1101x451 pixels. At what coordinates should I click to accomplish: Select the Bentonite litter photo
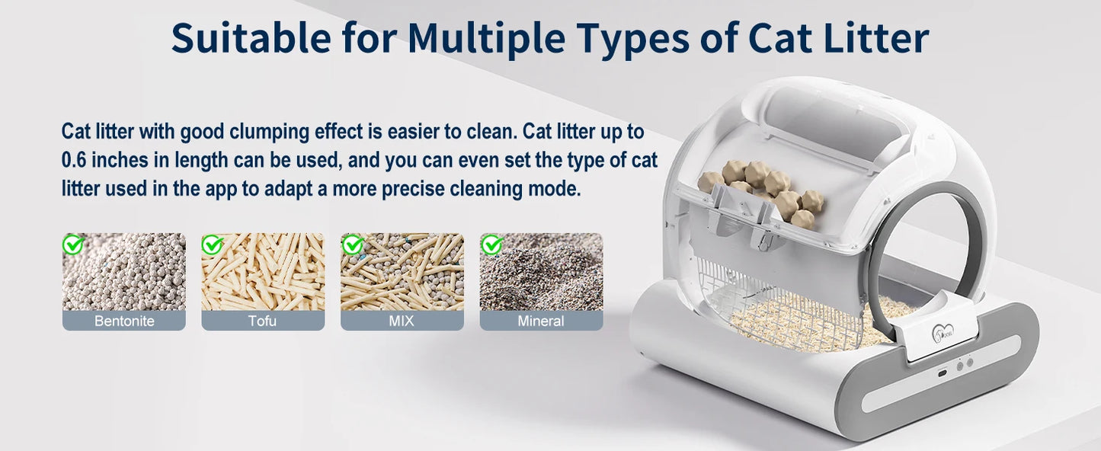click(x=123, y=272)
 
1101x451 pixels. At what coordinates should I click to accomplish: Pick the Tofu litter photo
click(x=263, y=272)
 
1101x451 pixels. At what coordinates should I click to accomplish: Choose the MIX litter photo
click(x=402, y=272)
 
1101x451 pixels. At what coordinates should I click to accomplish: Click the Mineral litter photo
click(x=541, y=272)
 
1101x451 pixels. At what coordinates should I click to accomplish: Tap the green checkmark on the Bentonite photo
click(x=73, y=245)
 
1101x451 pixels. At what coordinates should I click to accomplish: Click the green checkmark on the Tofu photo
click(x=212, y=245)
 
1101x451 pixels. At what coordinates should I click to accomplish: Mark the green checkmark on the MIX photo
click(x=351, y=245)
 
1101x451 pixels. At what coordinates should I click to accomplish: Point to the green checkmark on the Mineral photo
click(x=491, y=245)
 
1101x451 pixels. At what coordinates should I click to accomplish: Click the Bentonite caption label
click(x=123, y=321)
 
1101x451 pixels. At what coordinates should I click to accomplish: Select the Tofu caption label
click(x=263, y=321)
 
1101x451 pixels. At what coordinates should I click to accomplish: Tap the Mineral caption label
click(x=541, y=321)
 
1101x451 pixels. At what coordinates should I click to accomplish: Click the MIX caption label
click(x=402, y=321)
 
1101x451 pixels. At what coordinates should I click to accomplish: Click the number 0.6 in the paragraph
click(x=78, y=161)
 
